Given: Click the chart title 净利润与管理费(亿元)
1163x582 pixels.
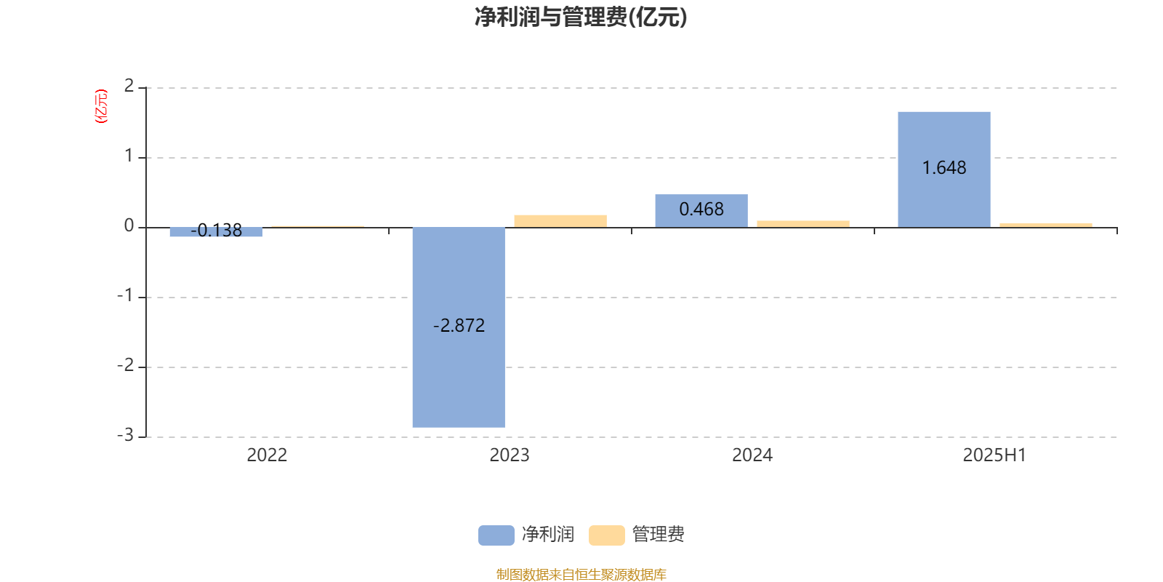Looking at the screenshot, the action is click(x=581, y=17).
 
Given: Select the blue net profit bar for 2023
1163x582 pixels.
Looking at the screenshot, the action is click(x=459, y=327).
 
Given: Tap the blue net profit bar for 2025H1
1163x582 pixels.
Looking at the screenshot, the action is click(x=944, y=170).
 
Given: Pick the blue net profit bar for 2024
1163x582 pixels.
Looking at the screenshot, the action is click(x=701, y=211).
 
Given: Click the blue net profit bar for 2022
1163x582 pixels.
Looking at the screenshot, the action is click(x=216, y=232).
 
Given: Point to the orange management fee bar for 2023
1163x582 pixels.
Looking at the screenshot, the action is click(x=560, y=221).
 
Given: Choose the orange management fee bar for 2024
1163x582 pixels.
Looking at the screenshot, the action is click(x=803, y=224).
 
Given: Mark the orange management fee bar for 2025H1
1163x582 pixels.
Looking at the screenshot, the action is click(x=1046, y=226).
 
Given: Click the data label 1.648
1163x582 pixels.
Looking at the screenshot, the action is click(x=944, y=168).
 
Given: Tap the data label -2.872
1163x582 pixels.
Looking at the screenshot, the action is click(x=459, y=326).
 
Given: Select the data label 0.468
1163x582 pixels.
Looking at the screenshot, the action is click(x=701, y=210).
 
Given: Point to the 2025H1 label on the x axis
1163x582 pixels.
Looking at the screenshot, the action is click(x=995, y=455).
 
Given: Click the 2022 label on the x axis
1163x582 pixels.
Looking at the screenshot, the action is click(x=267, y=455).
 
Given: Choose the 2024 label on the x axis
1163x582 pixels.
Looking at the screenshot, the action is click(x=752, y=455).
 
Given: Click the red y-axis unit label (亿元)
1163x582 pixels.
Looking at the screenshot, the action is click(x=101, y=106).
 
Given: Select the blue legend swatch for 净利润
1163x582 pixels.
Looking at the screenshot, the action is click(x=496, y=535).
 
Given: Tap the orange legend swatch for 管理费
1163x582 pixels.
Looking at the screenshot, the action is click(x=606, y=535).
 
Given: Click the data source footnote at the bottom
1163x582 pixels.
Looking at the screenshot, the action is click(x=581, y=574).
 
